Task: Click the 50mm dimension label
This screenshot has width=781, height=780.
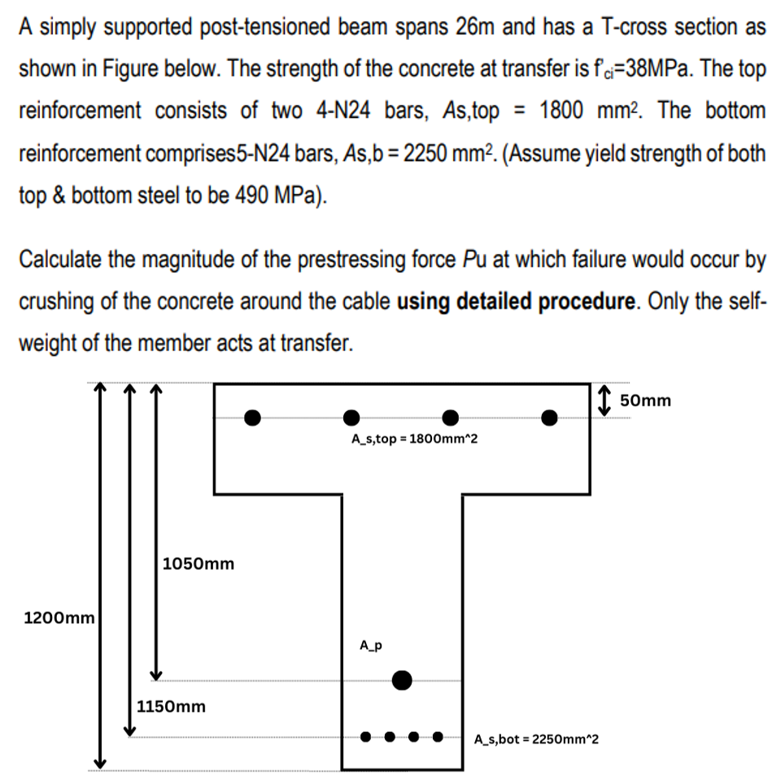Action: pos(645,400)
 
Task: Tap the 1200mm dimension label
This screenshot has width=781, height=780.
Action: pos(59,618)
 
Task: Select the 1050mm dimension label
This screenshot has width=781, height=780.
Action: pos(199,563)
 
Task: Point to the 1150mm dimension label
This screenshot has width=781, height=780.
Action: pos(171,706)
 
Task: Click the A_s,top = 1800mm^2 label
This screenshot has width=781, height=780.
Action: pos(415,440)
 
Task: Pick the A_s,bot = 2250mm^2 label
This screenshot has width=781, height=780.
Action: pos(536,739)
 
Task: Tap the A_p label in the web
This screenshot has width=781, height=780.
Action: pos(371,646)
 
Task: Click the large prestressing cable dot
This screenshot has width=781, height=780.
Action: pos(402,680)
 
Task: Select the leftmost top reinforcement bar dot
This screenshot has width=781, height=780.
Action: pos(253,418)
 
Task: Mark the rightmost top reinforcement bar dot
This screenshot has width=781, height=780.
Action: pos(550,418)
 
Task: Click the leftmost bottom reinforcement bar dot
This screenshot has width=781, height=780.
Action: pos(366,738)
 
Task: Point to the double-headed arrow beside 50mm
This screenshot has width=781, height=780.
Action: pos(604,400)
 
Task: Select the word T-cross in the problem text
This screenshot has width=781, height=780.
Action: pos(634,27)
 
